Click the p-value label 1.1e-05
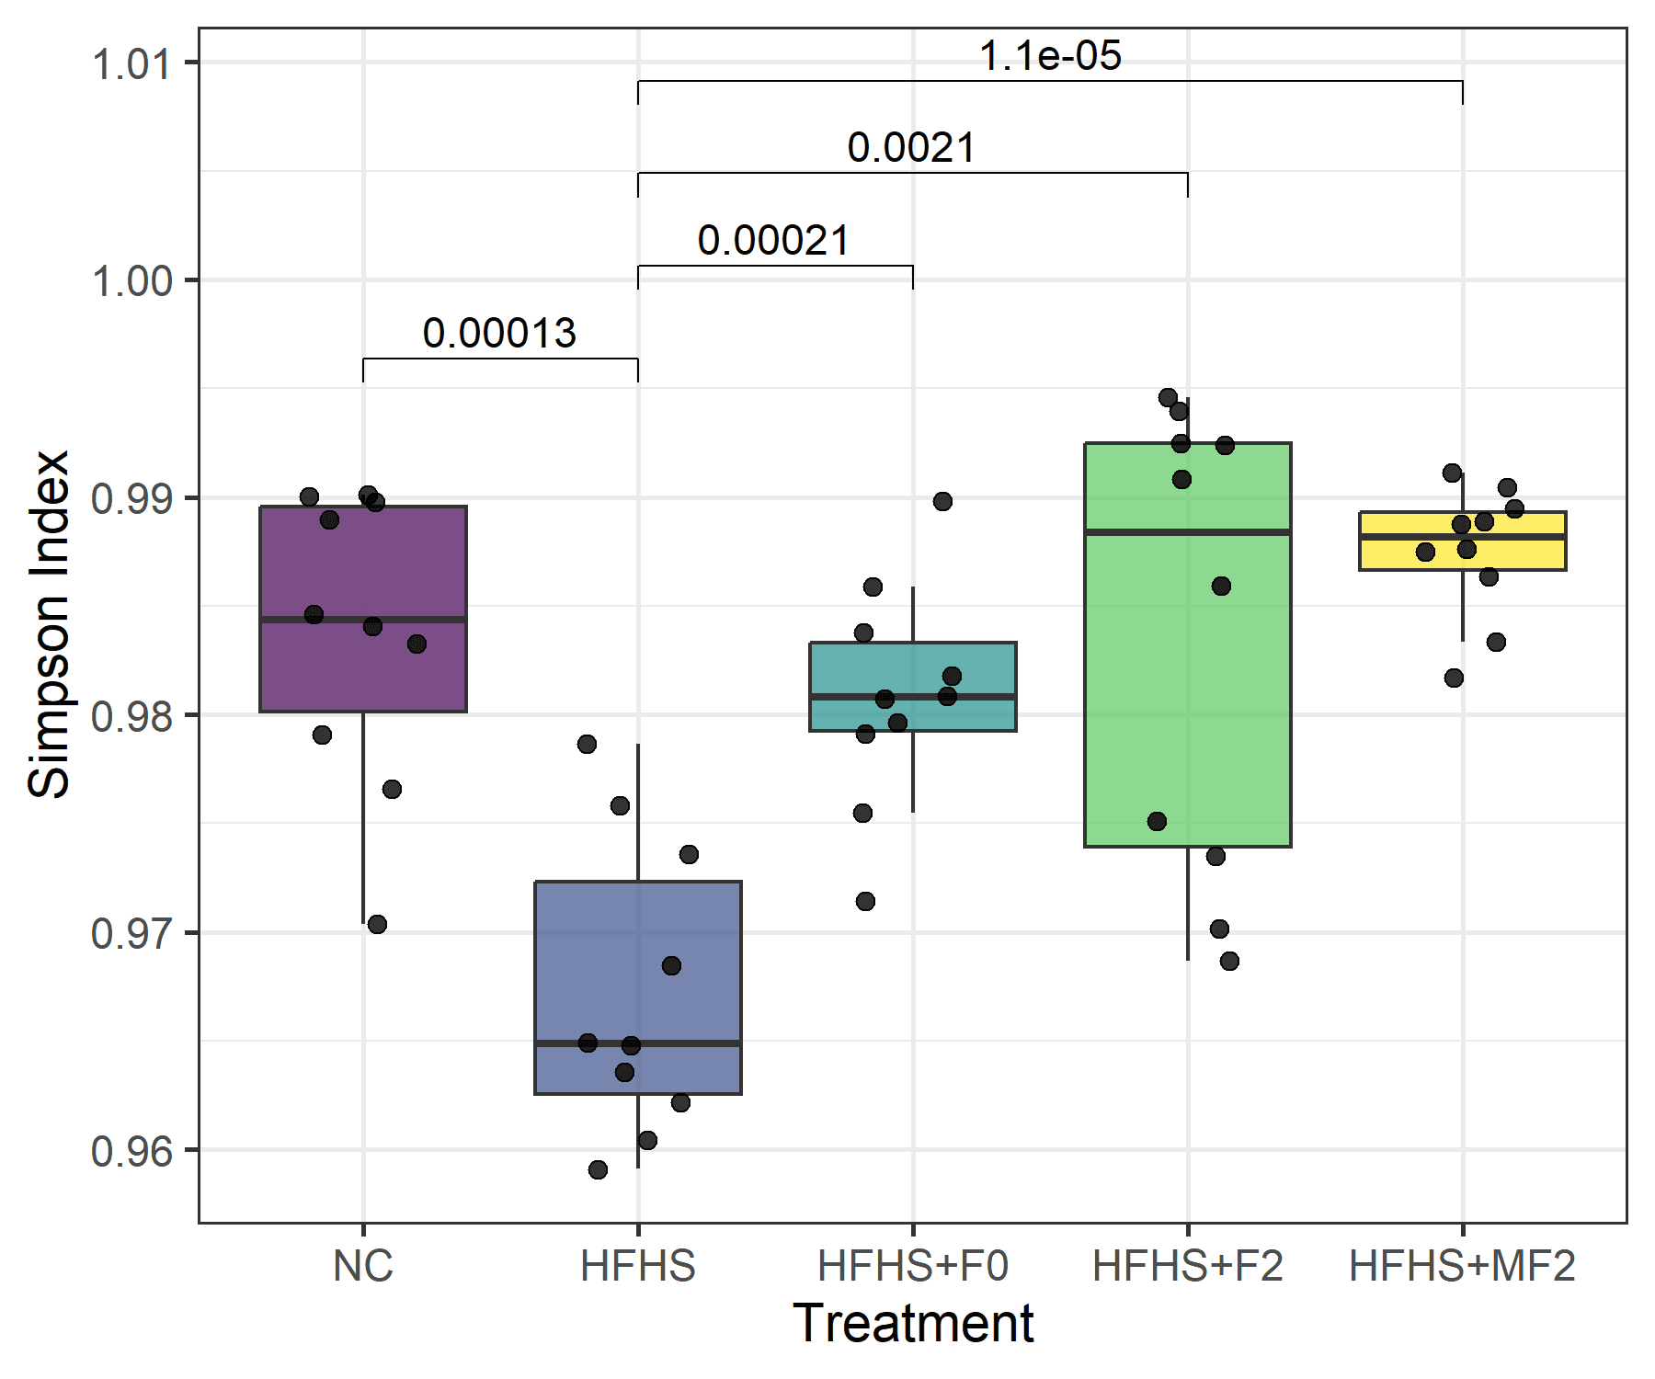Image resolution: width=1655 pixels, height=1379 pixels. coord(1050,56)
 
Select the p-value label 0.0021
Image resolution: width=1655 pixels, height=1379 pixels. coord(911,148)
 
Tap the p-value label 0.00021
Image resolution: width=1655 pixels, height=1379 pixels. coord(773,241)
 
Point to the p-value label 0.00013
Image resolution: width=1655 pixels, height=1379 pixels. coord(499,333)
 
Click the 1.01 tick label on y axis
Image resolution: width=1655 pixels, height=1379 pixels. coord(131,63)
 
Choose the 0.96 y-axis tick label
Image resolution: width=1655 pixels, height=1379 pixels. coord(131,1151)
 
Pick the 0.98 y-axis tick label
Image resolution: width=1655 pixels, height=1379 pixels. coord(131,716)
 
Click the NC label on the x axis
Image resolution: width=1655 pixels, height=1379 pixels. coord(363,1266)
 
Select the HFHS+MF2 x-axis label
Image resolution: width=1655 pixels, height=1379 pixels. coord(1462,1266)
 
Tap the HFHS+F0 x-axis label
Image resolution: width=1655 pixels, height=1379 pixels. coord(912,1266)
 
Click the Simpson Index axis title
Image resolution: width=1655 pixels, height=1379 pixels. coord(48,624)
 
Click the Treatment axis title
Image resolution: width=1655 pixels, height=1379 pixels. coord(912,1324)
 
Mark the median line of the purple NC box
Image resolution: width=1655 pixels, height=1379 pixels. coord(363,620)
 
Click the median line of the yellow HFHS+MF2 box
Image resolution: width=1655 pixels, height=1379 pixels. coord(1462,536)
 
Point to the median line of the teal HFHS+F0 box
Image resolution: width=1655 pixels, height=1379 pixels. coord(912,697)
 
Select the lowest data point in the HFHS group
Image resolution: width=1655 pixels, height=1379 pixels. coord(598,1169)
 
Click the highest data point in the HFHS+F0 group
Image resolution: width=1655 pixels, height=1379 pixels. coord(942,501)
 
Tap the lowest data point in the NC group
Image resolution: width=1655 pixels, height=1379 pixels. coord(377,924)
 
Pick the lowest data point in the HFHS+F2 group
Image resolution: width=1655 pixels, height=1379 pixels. coord(1229,961)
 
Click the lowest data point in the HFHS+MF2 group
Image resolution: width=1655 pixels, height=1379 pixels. coord(1454,678)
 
